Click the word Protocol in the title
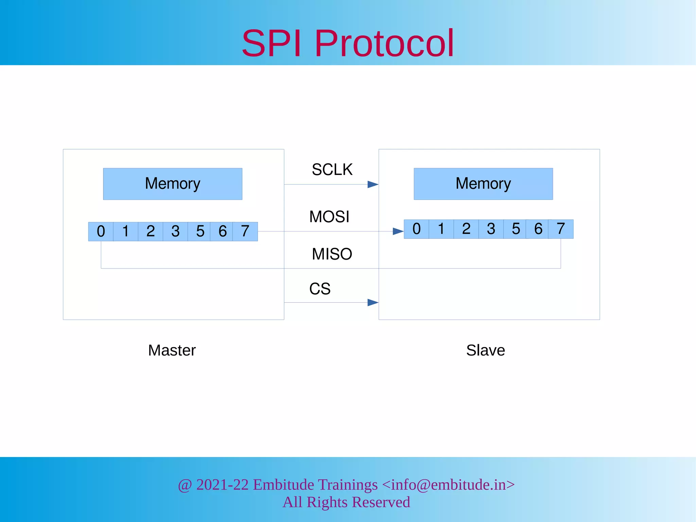coord(384,43)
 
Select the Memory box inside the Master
coord(173,184)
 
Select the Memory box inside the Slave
coord(483,184)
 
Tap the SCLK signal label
coord(332,170)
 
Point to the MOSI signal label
coord(329,217)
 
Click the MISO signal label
coord(332,254)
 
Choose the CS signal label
coord(319,289)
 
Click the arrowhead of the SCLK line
coord(373,185)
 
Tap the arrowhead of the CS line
coord(373,302)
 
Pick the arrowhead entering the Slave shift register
coord(398,231)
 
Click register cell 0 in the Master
coord(101,231)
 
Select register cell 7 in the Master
coord(245,231)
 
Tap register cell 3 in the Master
coord(175,231)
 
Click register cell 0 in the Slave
coord(416,229)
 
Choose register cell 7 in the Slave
coord(561,229)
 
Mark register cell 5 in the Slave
coord(516,229)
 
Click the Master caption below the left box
coord(172,350)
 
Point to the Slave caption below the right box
coord(485,350)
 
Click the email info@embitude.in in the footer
coord(449,485)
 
